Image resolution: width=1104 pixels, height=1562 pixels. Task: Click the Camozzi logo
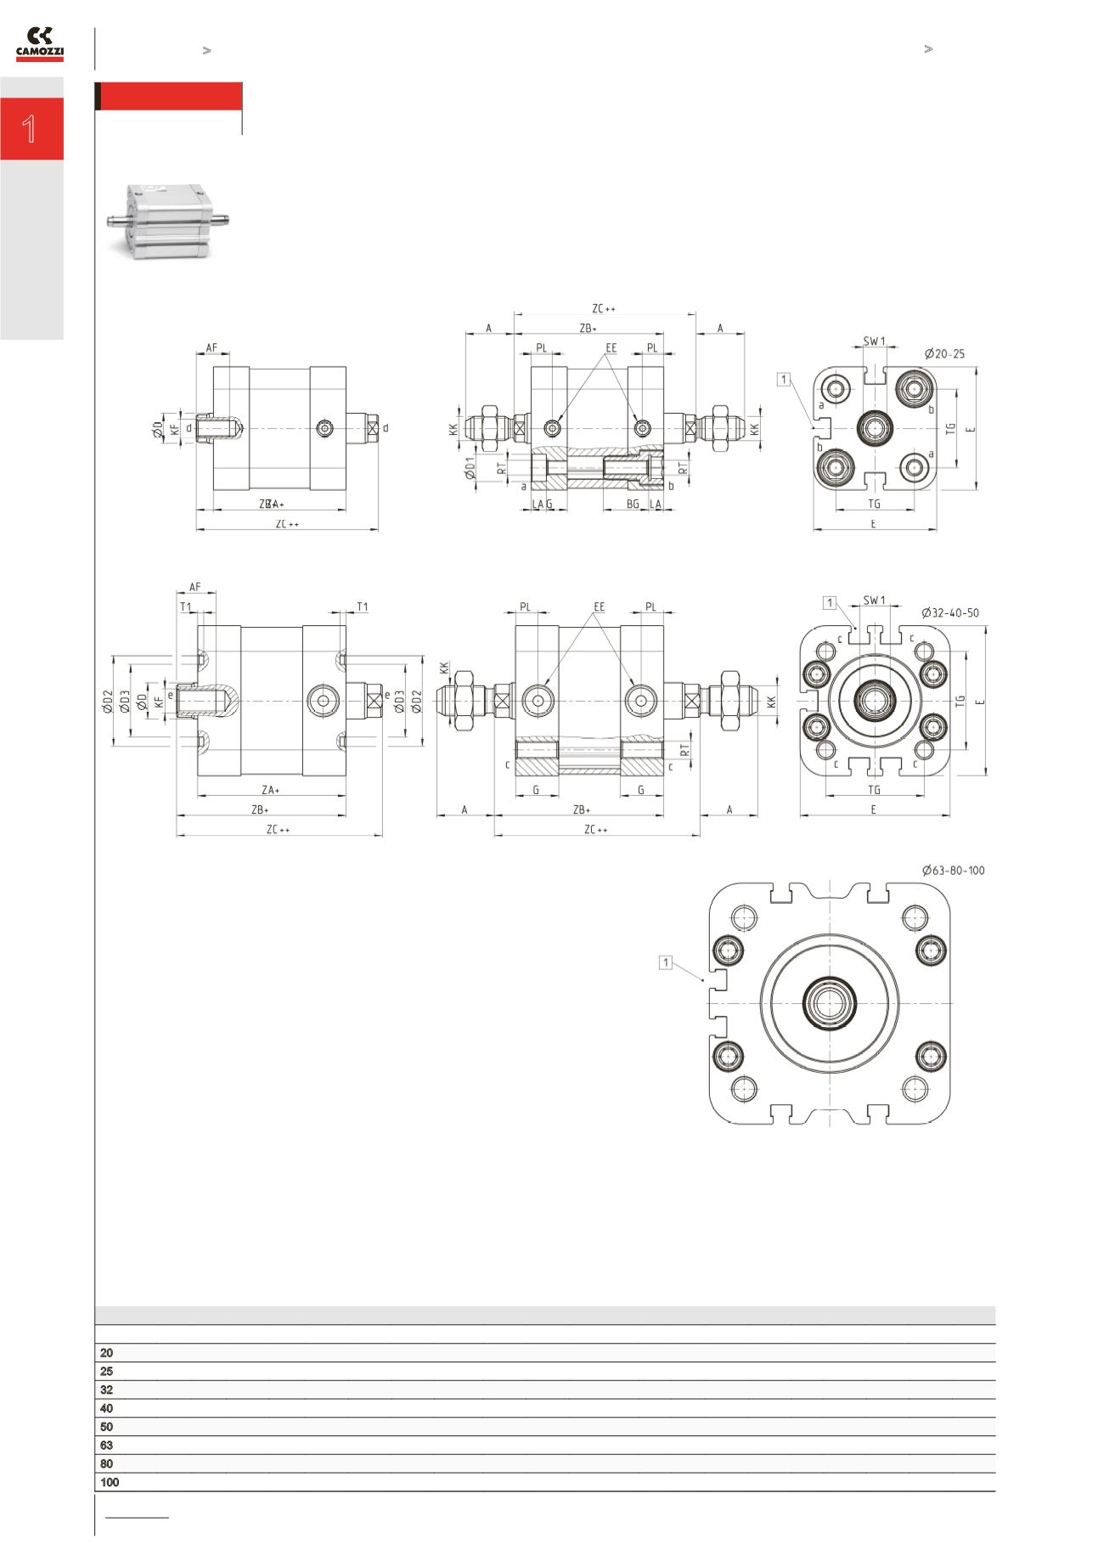click(40, 44)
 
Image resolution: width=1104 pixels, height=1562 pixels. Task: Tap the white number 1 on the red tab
click(30, 129)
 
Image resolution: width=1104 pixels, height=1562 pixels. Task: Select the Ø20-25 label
click(943, 354)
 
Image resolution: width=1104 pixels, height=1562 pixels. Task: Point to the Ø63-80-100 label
click(953, 871)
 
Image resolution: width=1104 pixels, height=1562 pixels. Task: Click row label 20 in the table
click(106, 1353)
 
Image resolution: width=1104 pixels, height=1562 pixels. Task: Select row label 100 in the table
click(110, 1482)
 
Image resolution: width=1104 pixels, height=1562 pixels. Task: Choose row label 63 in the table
click(106, 1445)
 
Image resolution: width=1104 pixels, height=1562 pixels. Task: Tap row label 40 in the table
click(106, 1408)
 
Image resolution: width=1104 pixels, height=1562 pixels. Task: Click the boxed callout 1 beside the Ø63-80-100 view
click(667, 962)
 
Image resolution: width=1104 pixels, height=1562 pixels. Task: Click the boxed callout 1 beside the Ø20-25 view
click(783, 379)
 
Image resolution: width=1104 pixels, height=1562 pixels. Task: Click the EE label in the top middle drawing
click(611, 348)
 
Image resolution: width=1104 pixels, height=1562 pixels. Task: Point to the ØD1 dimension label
click(470, 467)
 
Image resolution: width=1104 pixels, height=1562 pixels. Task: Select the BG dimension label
click(633, 505)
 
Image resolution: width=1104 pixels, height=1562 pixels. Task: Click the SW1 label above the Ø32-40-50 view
click(874, 600)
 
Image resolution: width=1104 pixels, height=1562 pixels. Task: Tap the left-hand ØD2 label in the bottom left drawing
click(108, 702)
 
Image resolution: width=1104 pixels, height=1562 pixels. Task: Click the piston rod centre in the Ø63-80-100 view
click(829, 1002)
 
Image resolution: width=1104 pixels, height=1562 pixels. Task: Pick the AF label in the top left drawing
click(211, 348)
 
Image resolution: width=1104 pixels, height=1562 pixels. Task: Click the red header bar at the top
click(170, 96)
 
